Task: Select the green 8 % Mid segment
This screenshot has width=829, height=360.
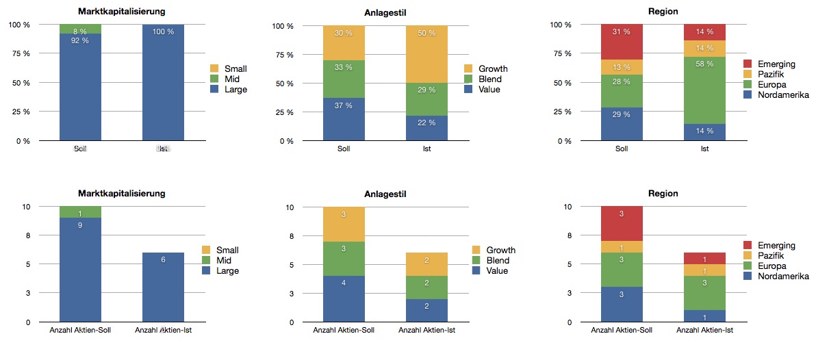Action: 80,29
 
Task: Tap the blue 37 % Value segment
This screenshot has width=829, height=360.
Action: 344,119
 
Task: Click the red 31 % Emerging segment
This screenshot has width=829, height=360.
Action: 622,42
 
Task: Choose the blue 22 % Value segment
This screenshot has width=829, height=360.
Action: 427,128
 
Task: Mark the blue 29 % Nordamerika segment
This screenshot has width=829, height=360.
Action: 622,124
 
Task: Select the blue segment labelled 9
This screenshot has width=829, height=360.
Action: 80,270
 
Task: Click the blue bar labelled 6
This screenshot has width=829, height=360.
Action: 163,287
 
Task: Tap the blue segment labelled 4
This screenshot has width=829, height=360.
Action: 344,299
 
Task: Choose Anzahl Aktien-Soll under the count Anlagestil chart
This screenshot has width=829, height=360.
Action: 344,331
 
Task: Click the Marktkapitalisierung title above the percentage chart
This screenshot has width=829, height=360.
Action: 122,12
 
